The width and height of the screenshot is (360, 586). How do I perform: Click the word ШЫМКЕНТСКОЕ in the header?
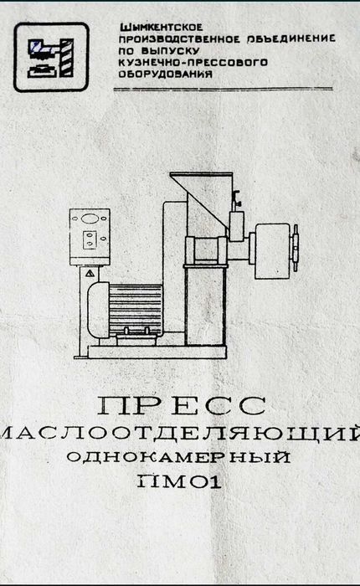pyautogui.click(x=161, y=28)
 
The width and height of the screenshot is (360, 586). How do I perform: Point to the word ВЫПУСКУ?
pyautogui.click(x=171, y=51)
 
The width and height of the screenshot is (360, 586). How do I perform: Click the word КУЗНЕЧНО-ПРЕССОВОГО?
pyautogui.click(x=193, y=62)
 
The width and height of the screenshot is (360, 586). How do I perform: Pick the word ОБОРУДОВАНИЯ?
pyautogui.click(x=166, y=74)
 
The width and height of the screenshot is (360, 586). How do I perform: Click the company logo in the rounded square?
pyautogui.click(x=51, y=57)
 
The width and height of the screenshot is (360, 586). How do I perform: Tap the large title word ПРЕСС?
pyautogui.click(x=182, y=405)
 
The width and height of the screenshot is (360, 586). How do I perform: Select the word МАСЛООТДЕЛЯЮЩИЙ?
pyautogui.click(x=180, y=434)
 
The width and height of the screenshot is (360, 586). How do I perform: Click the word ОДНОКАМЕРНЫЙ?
pyautogui.click(x=178, y=457)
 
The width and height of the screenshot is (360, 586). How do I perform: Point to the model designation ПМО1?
pyautogui.click(x=179, y=481)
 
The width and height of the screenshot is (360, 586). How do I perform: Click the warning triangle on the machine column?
pyautogui.click(x=90, y=274)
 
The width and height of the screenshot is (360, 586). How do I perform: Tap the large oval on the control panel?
pyautogui.click(x=90, y=218)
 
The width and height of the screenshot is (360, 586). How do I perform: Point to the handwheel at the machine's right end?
pyautogui.click(x=296, y=248)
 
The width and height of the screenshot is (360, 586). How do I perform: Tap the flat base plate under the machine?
pyautogui.click(x=157, y=352)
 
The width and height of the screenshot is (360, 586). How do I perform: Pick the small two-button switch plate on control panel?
pyautogui.click(x=90, y=239)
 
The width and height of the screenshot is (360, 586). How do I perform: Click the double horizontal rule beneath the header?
pyautogui.click(x=224, y=90)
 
